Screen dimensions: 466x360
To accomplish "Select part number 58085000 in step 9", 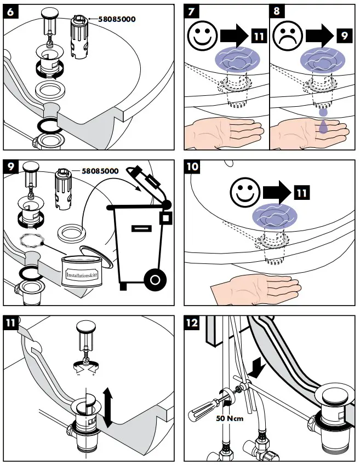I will (x=100, y=170).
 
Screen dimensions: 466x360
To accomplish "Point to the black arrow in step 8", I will (x=318, y=37).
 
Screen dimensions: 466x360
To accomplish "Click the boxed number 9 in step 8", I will (x=343, y=37).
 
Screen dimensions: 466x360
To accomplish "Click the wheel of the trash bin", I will (x=155, y=280).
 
